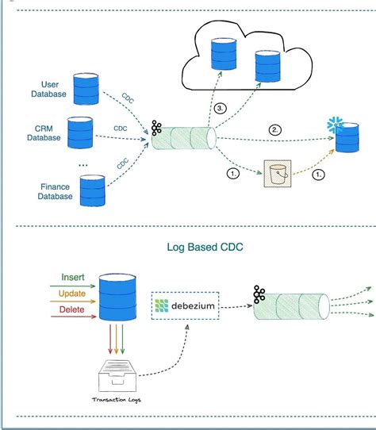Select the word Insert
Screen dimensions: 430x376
click(x=73, y=278)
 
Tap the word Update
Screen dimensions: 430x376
click(x=72, y=294)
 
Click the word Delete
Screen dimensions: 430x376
click(x=73, y=309)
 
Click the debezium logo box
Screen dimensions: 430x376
click(x=185, y=305)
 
